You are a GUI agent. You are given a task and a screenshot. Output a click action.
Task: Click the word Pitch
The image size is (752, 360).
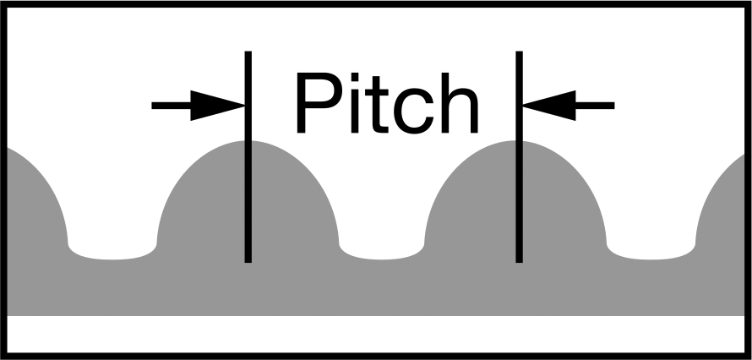388,102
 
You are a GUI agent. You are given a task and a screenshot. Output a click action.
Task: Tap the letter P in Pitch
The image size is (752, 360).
319,102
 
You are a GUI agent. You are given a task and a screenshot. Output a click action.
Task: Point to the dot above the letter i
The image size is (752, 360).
355,77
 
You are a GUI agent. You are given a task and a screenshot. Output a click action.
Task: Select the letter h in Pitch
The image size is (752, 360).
460,102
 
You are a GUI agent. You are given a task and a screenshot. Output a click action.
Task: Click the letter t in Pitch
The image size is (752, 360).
377,106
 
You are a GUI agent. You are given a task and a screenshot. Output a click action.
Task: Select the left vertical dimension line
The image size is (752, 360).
248,156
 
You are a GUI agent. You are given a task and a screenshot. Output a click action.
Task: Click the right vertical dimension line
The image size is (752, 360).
520,156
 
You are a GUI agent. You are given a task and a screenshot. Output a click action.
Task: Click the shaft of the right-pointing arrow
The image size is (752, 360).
172,106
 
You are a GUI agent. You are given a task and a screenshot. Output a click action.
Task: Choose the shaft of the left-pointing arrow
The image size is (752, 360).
595,106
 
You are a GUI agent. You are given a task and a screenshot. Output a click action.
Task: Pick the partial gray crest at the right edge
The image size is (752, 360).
723,215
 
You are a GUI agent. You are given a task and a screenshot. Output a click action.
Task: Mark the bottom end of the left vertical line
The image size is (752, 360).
248,263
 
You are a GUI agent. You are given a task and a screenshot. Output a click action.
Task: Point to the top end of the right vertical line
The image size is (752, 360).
520,51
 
